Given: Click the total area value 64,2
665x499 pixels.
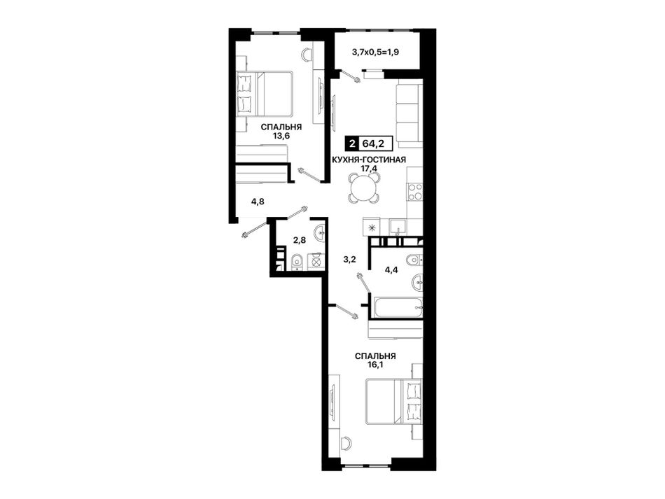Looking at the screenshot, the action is click(x=373, y=143).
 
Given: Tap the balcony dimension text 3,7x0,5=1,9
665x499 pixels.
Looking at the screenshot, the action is click(x=376, y=52).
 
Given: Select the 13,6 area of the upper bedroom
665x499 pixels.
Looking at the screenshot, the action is click(x=281, y=136).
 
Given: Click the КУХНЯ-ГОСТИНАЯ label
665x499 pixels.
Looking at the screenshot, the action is click(x=369, y=160).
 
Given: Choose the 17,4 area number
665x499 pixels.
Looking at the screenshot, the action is click(x=369, y=168).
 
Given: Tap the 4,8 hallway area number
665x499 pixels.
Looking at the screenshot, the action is click(x=258, y=202).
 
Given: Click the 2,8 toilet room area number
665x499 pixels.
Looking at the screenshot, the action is click(x=300, y=240).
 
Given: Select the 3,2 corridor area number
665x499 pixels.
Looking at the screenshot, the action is click(x=349, y=260).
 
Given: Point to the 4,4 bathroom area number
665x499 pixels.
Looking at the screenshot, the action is click(x=391, y=269).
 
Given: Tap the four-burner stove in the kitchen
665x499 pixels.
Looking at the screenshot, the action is click(x=414, y=192).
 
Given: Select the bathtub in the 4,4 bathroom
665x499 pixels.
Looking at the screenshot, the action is click(x=397, y=307).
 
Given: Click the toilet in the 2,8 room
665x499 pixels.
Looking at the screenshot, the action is click(x=297, y=262).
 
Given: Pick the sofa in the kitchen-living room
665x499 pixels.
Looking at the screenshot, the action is click(x=409, y=114).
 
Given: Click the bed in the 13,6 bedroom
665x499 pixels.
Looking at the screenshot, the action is click(x=264, y=94).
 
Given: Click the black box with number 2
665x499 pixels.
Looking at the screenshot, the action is click(x=352, y=143).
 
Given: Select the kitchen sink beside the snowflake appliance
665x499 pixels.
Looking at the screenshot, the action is click(x=398, y=226).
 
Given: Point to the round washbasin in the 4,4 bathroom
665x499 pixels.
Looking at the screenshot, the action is click(x=417, y=282).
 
